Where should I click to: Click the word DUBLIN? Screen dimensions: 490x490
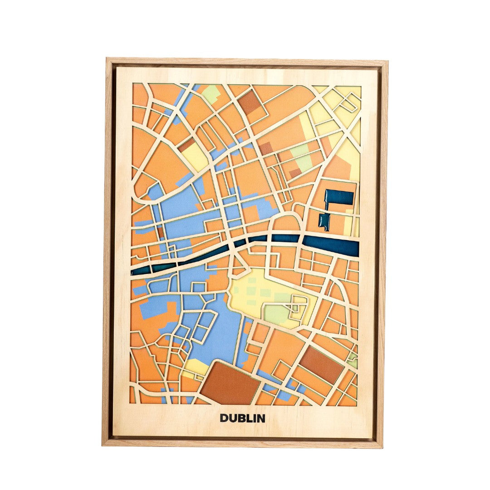click(242, 418)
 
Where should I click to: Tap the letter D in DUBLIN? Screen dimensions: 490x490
click(224, 418)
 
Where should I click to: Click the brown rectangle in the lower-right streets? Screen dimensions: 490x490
click(322, 364)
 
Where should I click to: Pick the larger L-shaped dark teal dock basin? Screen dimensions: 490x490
click(338, 198)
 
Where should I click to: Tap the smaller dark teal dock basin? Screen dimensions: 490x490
click(324, 221)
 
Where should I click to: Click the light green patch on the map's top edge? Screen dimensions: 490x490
click(211, 93)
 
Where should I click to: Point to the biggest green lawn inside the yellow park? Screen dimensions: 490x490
click(276, 313)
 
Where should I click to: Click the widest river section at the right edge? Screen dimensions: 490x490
click(331, 245)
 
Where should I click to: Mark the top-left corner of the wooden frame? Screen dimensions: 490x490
click(108, 59)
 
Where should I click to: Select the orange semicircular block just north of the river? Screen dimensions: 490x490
click(284, 224)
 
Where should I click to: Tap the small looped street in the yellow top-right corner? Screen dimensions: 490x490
click(348, 103)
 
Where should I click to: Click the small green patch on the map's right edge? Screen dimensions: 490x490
click(353, 362)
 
